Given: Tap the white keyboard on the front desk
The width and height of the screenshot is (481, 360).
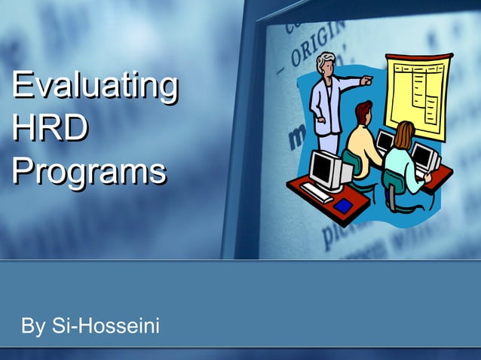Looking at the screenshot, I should tap(317, 192).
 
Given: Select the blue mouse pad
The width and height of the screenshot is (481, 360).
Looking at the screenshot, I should tap(344, 205).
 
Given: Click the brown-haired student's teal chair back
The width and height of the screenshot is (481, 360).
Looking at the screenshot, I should tap(394, 181).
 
